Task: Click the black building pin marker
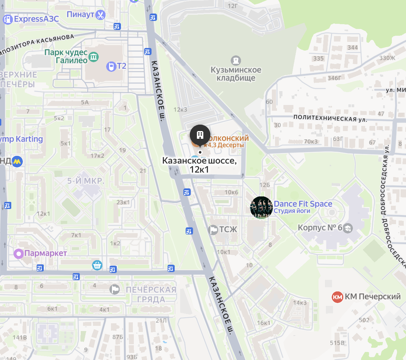click(200, 135)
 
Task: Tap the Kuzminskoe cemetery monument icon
click(236, 60)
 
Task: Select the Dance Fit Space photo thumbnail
click(261, 208)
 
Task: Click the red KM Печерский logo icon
click(337, 297)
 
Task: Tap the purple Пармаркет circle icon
click(19, 254)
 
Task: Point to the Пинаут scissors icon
click(100, 15)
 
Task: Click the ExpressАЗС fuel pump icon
click(7, 19)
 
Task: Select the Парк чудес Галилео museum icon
click(94, 57)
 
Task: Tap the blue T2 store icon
click(111, 67)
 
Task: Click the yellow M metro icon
click(17, 161)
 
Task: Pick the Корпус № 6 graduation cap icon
click(347, 228)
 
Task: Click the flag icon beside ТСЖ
click(213, 230)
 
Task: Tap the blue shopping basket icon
click(97, 265)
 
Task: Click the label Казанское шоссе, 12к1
click(199, 165)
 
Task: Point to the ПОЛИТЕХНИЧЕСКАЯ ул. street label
click(330, 118)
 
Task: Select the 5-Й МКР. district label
click(86, 181)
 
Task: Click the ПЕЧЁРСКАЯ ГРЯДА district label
click(151, 295)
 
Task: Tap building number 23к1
click(123, 202)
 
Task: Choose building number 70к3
click(311, 141)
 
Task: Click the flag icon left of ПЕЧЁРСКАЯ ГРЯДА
click(115, 289)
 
